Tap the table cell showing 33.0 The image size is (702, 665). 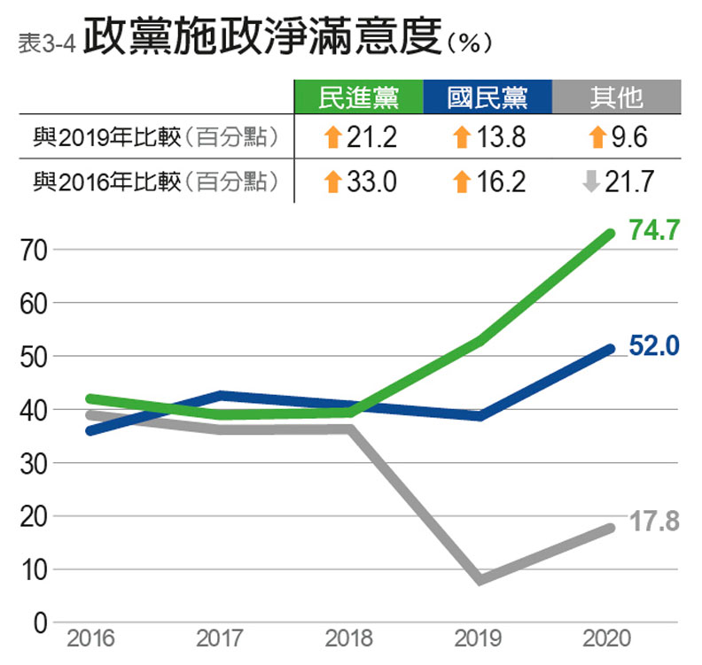tap(359, 182)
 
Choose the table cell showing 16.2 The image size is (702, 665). tap(487, 182)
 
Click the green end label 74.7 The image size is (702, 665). tap(653, 231)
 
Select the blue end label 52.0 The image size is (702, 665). tap(653, 346)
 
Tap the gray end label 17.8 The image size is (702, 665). tap(653, 522)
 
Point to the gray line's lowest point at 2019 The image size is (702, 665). tap(480, 580)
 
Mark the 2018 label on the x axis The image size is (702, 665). tap(348, 639)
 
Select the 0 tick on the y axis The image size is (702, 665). tap(39, 623)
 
